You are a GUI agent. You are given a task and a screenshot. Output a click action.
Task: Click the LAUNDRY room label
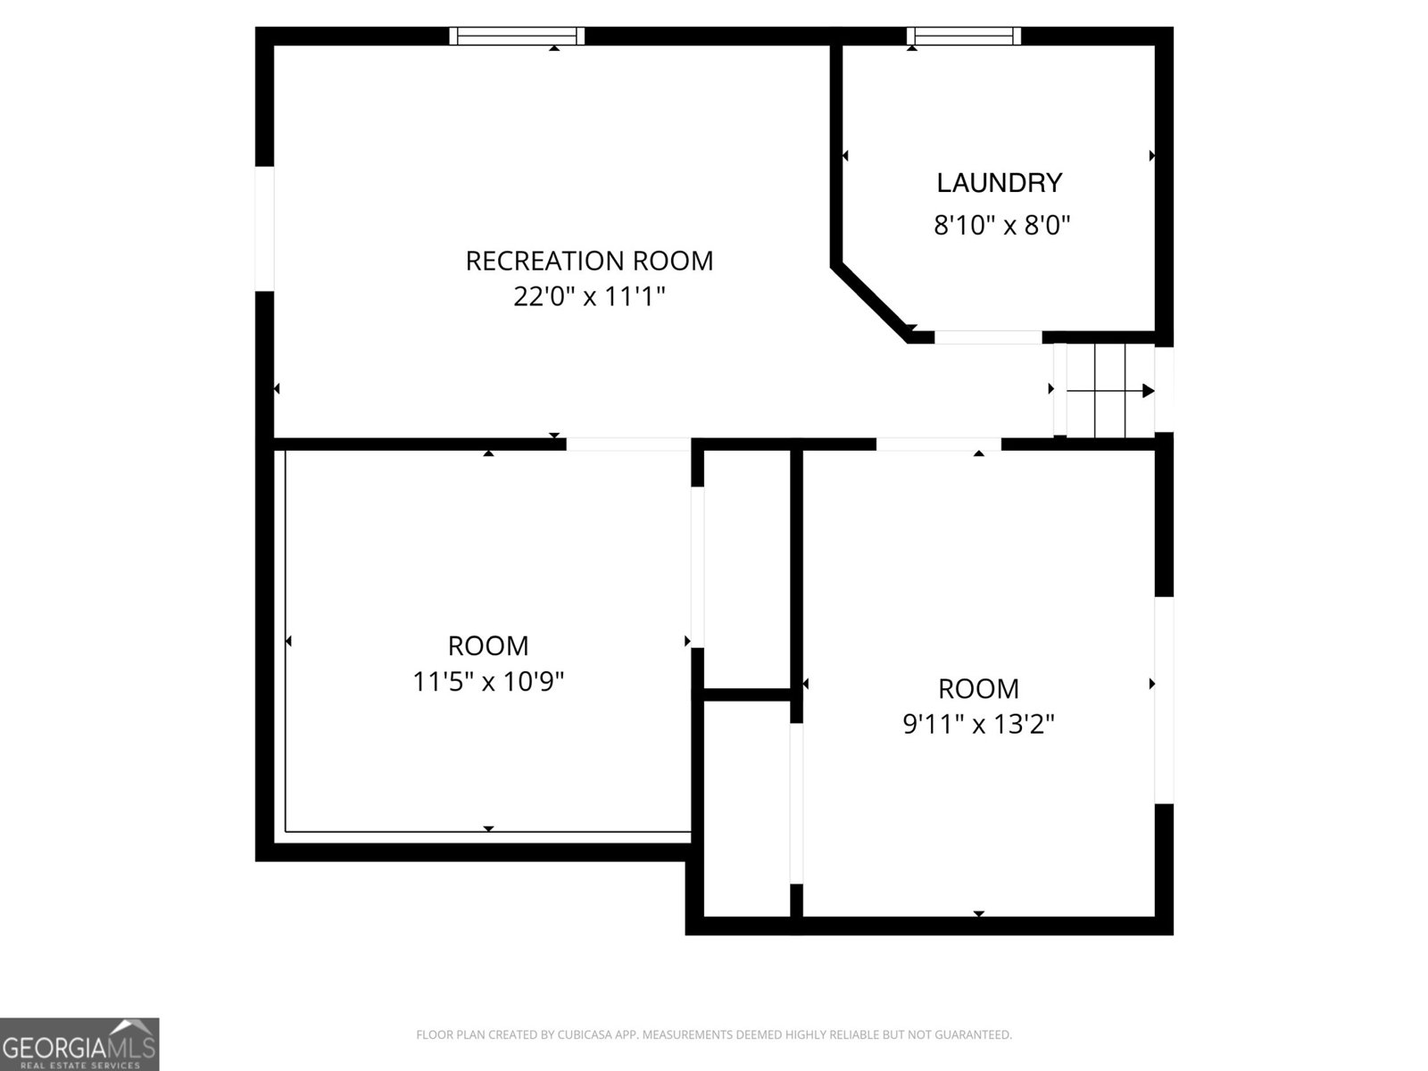(x=999, y=183)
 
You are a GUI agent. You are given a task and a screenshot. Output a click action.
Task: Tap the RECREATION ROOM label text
(x=589, y=261)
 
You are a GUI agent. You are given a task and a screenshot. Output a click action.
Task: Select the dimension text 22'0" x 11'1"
(x=589, y=296)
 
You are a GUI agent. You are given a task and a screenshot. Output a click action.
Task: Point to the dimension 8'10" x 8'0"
(x=1002, y=226)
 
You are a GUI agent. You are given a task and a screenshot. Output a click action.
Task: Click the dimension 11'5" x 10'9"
(x=488, y=682)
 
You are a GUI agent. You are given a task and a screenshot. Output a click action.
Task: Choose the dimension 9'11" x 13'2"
(x=978, y=724)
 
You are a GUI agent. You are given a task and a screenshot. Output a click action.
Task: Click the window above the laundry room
(x=964, y=36)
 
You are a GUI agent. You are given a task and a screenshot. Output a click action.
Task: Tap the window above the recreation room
(x=517, y=36)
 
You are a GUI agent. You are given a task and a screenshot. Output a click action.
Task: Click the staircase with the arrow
(x=1104, y=390)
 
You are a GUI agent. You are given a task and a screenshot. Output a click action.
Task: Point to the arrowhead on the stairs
(x=1149, y=391)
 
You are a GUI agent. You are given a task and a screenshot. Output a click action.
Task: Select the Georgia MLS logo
(x=79, y=1043)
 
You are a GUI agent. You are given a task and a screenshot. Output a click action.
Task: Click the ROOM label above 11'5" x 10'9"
(x=488, y=645)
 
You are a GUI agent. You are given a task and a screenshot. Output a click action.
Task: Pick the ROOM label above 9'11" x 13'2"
(x=978, y=688)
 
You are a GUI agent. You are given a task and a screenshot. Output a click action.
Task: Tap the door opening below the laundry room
(x=988, y=336)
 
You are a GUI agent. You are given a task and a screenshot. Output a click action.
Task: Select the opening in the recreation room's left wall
(x=264, y=228)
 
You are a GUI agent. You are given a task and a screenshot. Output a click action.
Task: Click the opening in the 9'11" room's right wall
(x=1164, y=700)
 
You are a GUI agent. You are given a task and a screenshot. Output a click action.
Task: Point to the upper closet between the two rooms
(x=747, y=569)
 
